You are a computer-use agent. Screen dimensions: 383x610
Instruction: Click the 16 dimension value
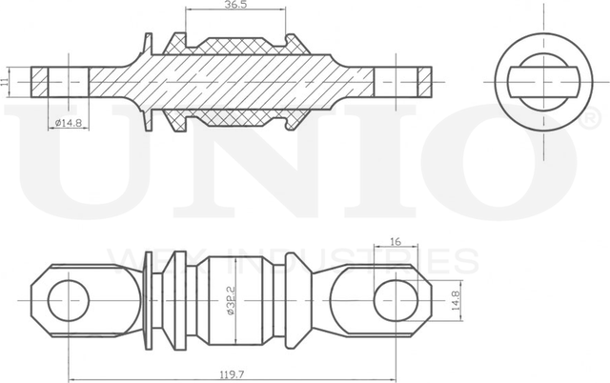click(x=394, y=243)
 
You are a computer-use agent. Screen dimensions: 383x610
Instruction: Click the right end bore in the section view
click(x=397, y=80)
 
